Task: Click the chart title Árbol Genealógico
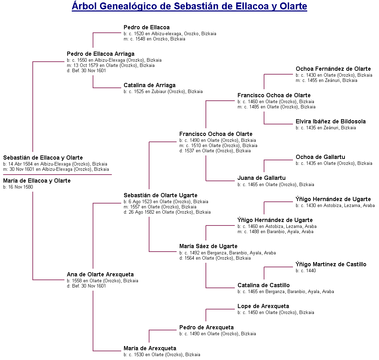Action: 189,7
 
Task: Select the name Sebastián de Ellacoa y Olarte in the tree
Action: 43,158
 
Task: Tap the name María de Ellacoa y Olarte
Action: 37,181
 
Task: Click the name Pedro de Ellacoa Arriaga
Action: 100,54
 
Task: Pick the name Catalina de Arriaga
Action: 149,85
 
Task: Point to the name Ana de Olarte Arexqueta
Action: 100,275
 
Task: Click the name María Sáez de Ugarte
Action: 208,246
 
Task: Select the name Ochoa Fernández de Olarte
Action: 333,69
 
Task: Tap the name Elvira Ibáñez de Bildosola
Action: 331,122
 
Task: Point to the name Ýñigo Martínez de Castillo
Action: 331,265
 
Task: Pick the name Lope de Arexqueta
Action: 263,306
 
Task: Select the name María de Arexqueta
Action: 150,348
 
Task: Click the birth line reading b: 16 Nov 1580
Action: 18,187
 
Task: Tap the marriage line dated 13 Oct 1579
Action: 111,66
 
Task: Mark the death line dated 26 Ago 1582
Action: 167,212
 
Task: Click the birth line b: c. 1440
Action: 306,271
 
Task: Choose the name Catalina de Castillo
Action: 263,285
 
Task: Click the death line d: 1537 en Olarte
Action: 215,151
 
